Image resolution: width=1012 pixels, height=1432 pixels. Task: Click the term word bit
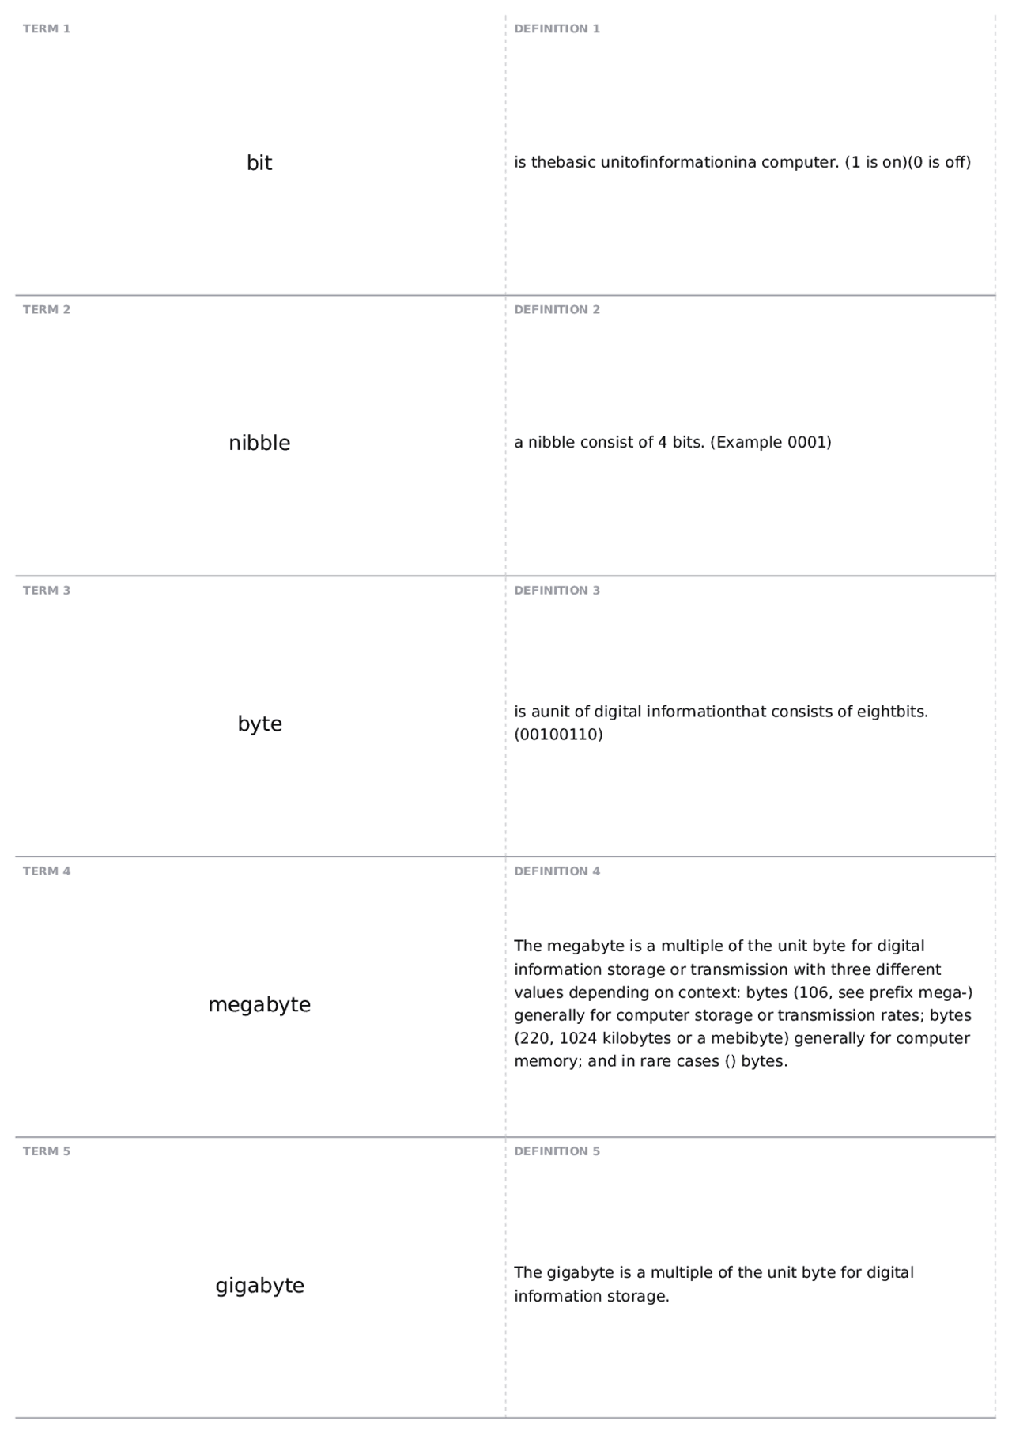pos(259,163)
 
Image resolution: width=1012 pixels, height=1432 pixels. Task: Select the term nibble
pos(259,443)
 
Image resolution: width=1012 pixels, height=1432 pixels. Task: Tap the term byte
pos(259,724)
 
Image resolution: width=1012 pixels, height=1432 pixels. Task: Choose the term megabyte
pos(259,1004)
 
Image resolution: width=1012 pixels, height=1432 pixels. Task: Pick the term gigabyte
pos(259,1285)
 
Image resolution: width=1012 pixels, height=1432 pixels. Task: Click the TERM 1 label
pos(47,29)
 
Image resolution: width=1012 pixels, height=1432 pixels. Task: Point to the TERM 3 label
pos(47,591)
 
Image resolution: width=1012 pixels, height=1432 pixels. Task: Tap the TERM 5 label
pos(47,1151)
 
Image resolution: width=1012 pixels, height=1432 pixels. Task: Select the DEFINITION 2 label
pos(557,310)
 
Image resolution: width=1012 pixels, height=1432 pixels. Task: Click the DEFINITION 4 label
pos(557,871)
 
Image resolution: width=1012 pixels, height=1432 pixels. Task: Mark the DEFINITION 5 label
pos(557,1151)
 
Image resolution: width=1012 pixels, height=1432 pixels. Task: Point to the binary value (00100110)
pos(558,735)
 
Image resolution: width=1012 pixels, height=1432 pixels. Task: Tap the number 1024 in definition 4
pos(578,1038)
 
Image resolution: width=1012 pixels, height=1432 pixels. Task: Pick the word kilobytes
pos(636,1038)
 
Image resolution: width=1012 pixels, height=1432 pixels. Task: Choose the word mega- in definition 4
pos(946,992)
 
